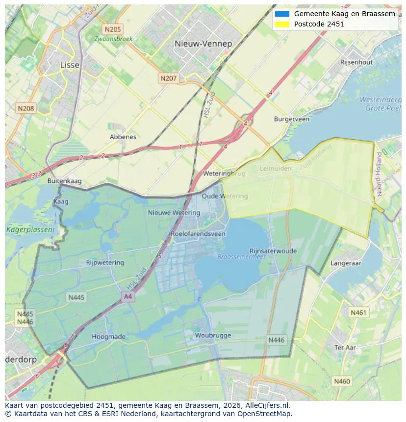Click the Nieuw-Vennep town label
203,44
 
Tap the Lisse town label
70,65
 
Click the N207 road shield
169,78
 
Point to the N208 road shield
25,108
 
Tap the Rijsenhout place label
356,62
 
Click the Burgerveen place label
292,119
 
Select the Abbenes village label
123,137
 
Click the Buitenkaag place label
64,181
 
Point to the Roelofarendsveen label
198,234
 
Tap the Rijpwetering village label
105,263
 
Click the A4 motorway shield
128,297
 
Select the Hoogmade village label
108,337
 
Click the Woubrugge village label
213,336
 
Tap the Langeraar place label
346,263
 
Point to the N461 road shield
358,312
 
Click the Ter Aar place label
345,348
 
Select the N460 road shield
342,381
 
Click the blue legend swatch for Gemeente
282,14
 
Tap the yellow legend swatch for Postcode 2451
282,24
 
